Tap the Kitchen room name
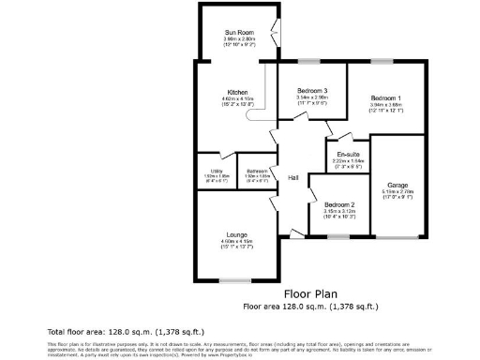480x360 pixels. (236, 91)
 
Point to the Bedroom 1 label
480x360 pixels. (385, 98)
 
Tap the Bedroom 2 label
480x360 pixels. (338, 204)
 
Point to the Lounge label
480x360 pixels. (236, 234)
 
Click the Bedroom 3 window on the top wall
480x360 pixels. (304, 62)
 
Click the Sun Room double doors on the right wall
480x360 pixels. (273, 32)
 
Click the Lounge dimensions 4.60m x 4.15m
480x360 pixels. (236, 242)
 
